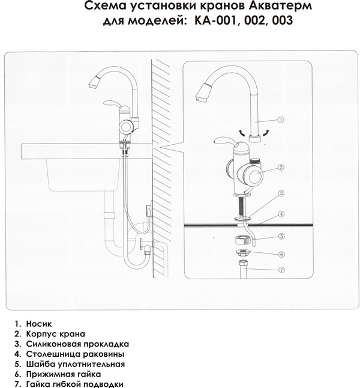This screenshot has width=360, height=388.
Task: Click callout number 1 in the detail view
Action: click(x=280, y=120)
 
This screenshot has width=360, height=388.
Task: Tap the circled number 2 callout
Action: click(x=281, y=168)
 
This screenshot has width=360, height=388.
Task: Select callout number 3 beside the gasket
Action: click(x=281, y=193)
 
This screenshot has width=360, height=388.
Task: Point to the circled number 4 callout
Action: click(x=281, y=214)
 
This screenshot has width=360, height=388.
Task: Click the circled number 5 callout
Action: click(x=281, y=236)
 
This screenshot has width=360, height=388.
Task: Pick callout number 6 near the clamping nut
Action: click(x=281, y=255)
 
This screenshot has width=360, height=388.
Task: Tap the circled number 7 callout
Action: click(x=281, y=270)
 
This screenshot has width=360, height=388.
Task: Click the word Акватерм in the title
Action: click(x=280, y=6)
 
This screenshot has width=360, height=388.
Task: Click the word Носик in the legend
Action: click(x=39, y=324)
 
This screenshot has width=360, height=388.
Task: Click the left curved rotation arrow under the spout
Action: click(x=242, y=133)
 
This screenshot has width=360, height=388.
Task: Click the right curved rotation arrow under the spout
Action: click(x=265, y=133)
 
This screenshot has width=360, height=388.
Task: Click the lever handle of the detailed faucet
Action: click(x=225, y=142)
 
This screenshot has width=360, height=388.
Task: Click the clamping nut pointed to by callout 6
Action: click(x=242, y=253)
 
